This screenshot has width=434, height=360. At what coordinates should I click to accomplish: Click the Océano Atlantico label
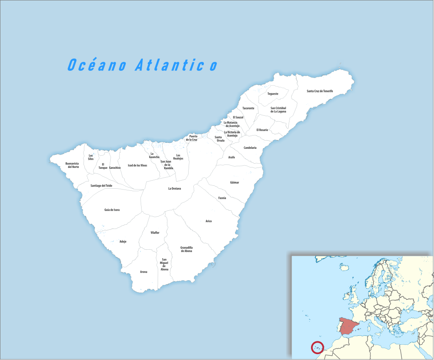142,65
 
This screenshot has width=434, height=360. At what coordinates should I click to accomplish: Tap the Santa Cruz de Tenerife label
320,91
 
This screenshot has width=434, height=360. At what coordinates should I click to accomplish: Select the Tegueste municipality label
273,94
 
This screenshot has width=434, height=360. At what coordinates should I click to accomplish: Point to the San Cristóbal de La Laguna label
278,110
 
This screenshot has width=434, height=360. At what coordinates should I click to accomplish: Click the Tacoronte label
248,109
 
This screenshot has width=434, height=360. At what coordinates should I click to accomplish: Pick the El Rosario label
262,130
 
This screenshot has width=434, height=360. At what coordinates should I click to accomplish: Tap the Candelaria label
250,148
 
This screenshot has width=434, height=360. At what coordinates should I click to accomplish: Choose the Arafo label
231,157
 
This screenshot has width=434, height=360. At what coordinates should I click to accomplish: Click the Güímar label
234,183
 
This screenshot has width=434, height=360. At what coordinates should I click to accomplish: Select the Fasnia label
222,198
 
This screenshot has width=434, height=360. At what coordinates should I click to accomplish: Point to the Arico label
209,221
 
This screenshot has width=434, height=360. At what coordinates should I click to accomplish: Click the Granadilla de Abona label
186,249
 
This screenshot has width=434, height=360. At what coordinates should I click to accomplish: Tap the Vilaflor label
155,233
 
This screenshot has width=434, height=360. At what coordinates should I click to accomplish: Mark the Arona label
144,272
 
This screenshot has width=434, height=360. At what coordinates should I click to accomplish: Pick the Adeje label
123,242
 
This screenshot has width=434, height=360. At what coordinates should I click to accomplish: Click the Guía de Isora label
112,210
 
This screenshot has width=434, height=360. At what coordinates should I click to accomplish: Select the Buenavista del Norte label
72,165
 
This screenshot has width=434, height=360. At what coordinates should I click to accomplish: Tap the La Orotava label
175,189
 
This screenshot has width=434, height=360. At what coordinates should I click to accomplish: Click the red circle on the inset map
317,347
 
